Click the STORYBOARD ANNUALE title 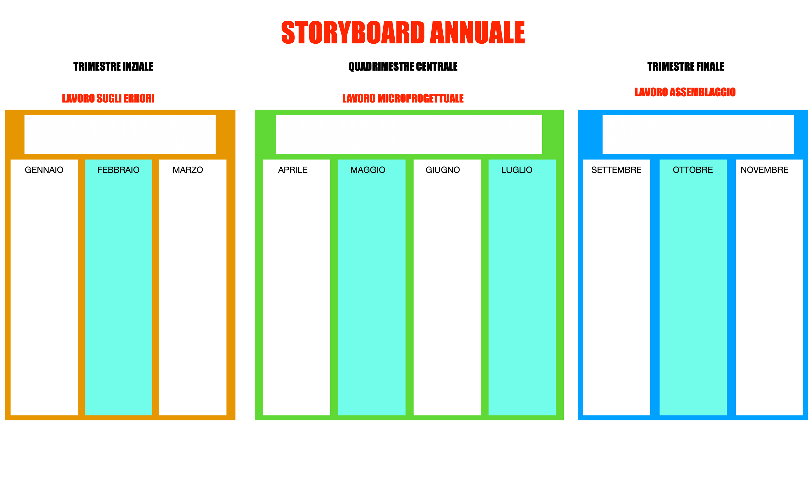click(x=403, y=32)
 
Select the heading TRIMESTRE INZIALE click(x=113, y=67)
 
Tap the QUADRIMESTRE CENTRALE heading click(x=403, y=67)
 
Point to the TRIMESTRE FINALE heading click(x=685, y=67)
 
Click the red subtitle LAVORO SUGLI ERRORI click(x=108, y=98)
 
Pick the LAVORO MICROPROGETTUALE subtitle click(x=403, y=98)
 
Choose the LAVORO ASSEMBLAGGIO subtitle click(x=685, y=92)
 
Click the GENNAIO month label click(x=44, y=170)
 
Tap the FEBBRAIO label click(x=118, y=170)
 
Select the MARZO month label click(x=188, y=170)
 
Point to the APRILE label click(x=292, y=170)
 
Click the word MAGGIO click(x=367, y=170)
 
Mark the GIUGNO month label click(x=443, y=170)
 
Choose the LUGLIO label click(x=517, y=170)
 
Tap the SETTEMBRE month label click(x=616, y=170)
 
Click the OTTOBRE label click(x=692, y=170)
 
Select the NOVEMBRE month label click(x=764, y=170)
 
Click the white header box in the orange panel click(x=120, y=135)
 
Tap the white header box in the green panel click(x=409, y=135)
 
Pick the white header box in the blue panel click(x=698, y=135)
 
